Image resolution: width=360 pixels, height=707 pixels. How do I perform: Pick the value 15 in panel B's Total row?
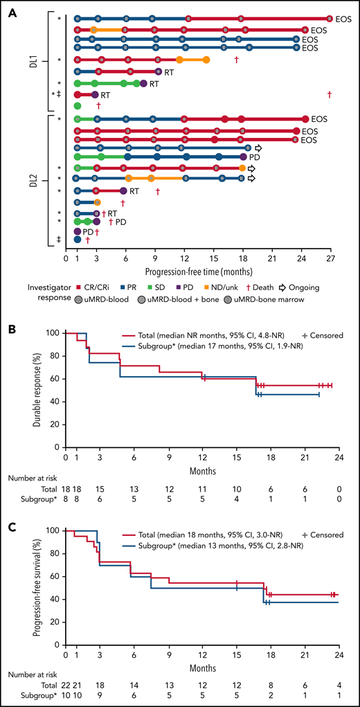click(100, 480)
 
